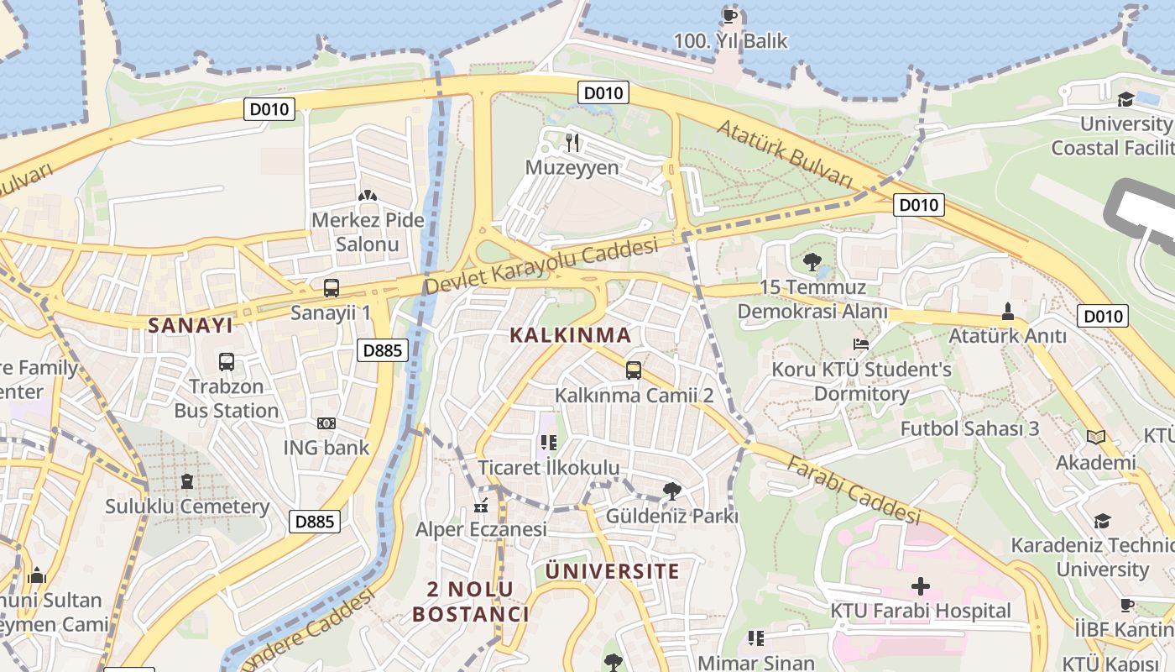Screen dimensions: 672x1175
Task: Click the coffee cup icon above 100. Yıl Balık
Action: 730,15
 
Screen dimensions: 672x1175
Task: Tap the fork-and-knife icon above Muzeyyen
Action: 573,142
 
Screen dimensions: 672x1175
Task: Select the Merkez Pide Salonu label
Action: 367,232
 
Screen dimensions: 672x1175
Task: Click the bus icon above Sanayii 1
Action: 331,288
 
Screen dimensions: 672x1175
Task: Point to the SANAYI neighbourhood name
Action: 190,325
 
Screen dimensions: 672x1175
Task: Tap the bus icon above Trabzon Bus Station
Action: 227,362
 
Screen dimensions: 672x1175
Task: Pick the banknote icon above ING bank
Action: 326,423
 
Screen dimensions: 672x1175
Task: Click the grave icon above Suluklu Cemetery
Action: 186,481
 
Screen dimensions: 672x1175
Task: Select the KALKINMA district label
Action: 571,335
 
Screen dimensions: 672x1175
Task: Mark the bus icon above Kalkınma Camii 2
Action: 634,370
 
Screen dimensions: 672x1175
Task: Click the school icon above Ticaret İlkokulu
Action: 548,442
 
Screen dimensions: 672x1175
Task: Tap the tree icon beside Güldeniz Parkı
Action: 671,491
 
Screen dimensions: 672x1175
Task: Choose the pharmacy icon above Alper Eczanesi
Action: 481,505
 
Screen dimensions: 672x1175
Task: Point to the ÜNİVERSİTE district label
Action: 612,572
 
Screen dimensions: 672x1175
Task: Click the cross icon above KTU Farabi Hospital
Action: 920,585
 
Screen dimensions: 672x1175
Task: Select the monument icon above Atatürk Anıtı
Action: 1008,312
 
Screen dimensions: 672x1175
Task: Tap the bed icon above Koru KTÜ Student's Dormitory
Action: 861,344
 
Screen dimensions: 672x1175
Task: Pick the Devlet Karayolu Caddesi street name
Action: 541,266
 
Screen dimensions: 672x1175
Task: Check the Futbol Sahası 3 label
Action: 969,428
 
